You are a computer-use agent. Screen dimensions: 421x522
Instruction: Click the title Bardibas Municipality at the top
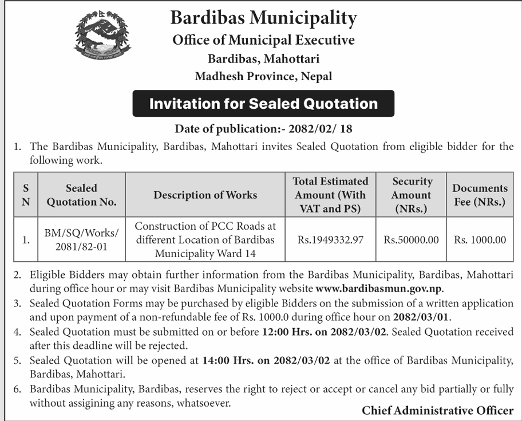263,18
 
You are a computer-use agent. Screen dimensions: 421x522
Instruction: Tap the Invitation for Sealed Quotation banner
263,104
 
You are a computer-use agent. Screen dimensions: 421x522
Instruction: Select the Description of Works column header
205,195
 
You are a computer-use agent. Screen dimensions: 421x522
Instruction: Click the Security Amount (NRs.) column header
412,195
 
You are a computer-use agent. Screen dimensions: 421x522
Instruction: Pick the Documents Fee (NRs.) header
480,195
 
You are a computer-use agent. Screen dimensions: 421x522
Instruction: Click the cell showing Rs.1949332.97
331,240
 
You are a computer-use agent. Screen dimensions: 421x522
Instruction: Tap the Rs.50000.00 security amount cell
412,240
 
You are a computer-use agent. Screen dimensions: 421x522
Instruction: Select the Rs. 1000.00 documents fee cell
480,240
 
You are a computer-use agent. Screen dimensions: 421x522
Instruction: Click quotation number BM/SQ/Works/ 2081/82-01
82,240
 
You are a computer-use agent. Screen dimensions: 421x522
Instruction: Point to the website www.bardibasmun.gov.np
379,288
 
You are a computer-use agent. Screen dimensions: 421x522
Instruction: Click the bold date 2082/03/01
421,316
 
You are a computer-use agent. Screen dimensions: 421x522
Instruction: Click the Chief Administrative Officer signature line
437,410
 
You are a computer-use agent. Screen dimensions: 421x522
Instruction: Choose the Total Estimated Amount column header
331,195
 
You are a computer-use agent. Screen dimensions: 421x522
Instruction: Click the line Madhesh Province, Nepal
263,76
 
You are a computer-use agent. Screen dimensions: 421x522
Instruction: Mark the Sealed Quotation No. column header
82,195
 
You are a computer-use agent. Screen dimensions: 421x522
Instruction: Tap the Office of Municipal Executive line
263,40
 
